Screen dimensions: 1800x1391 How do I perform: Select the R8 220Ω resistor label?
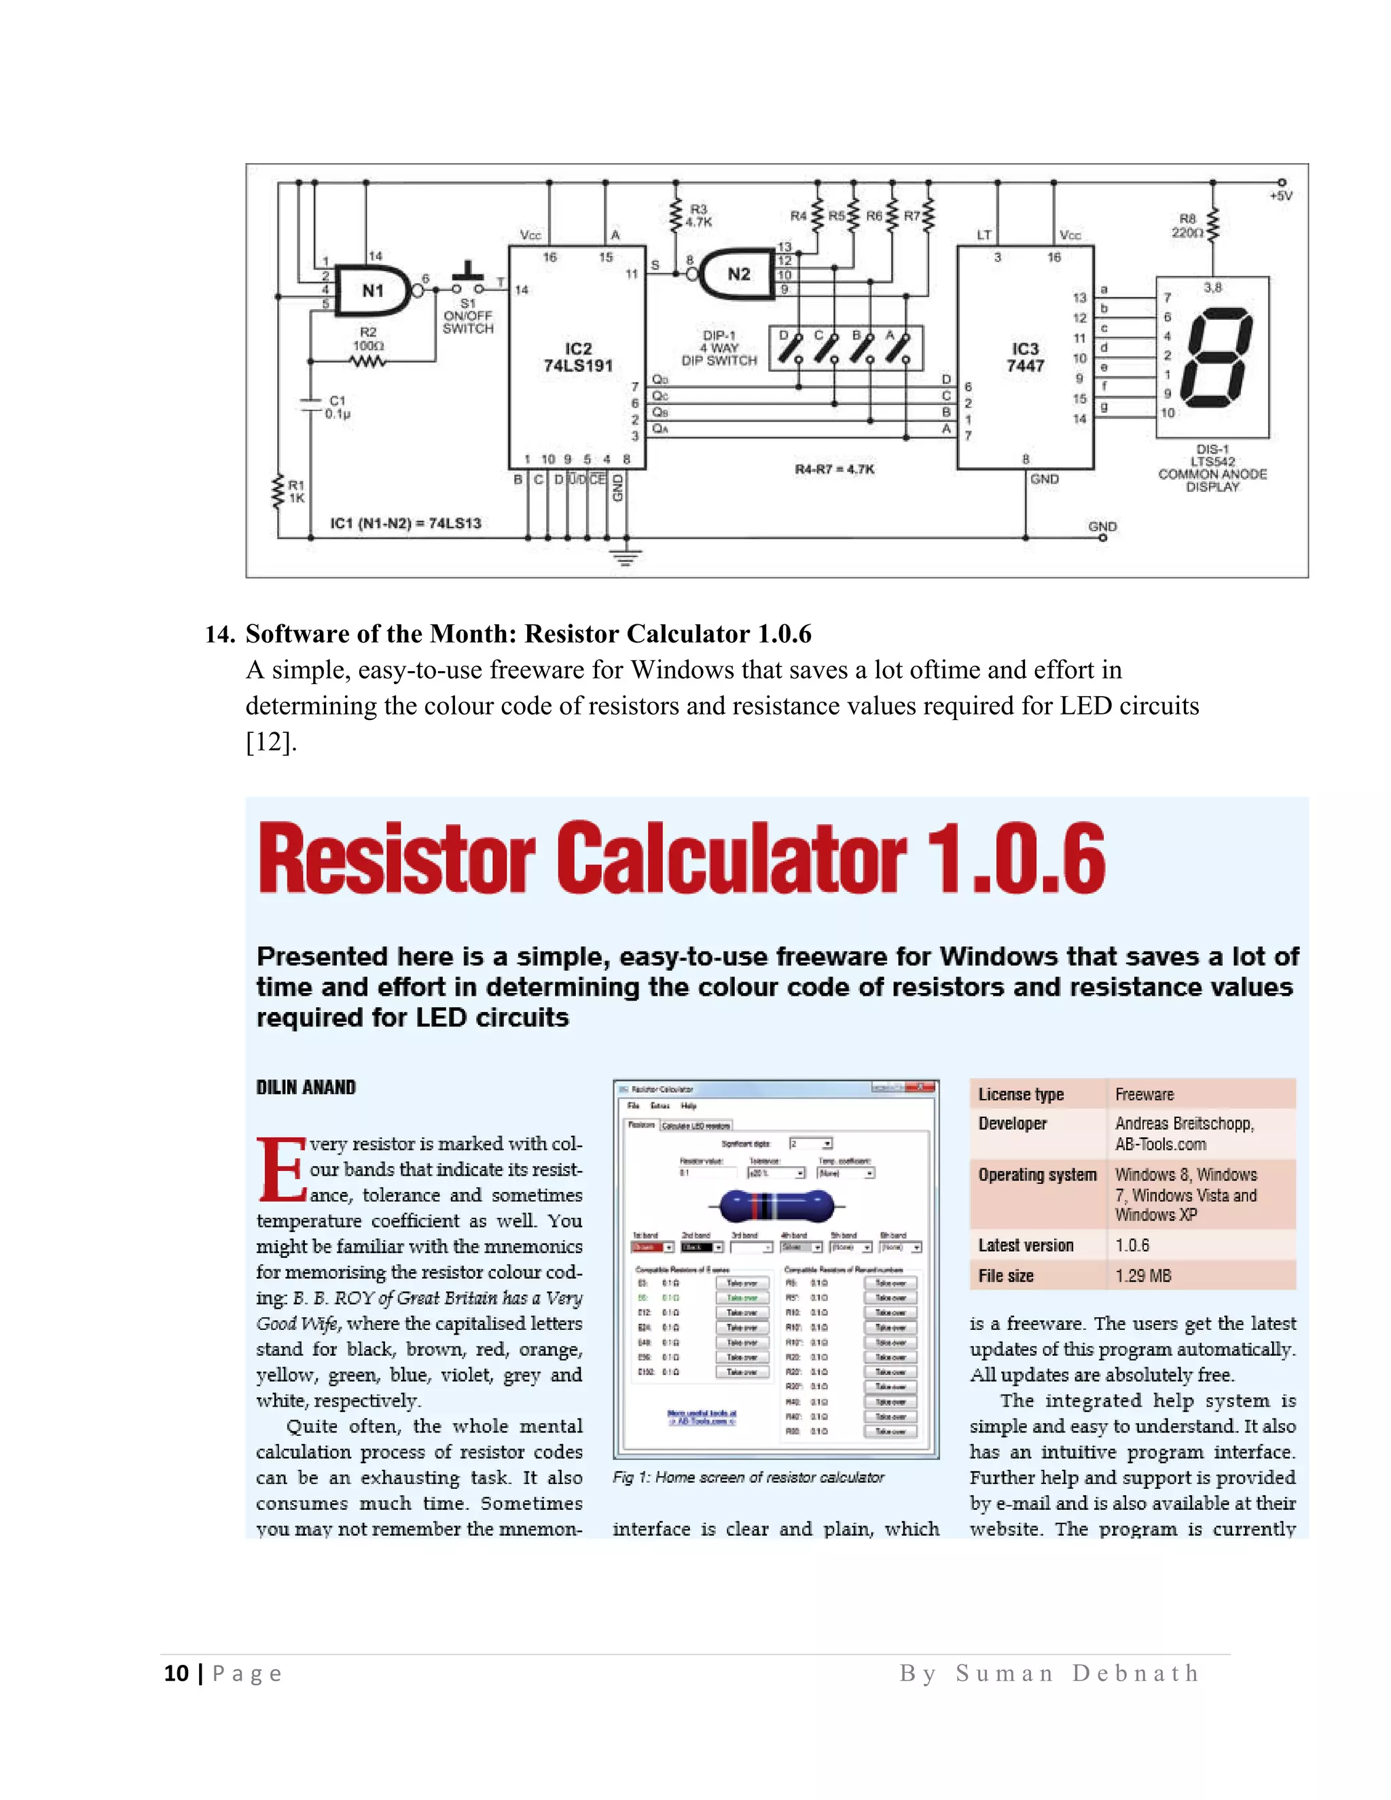1187,226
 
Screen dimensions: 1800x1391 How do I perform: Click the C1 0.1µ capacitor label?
337,407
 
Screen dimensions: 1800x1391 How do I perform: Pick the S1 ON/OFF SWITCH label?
467,317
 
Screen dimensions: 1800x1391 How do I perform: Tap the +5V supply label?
1280,196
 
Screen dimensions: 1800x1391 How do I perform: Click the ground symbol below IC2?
626,557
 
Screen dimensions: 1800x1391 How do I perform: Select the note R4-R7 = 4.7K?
834,469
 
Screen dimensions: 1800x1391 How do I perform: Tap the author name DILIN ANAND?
306,1087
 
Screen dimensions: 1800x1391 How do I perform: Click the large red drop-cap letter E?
281,1170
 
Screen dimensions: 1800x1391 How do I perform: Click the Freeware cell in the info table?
1144,1094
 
